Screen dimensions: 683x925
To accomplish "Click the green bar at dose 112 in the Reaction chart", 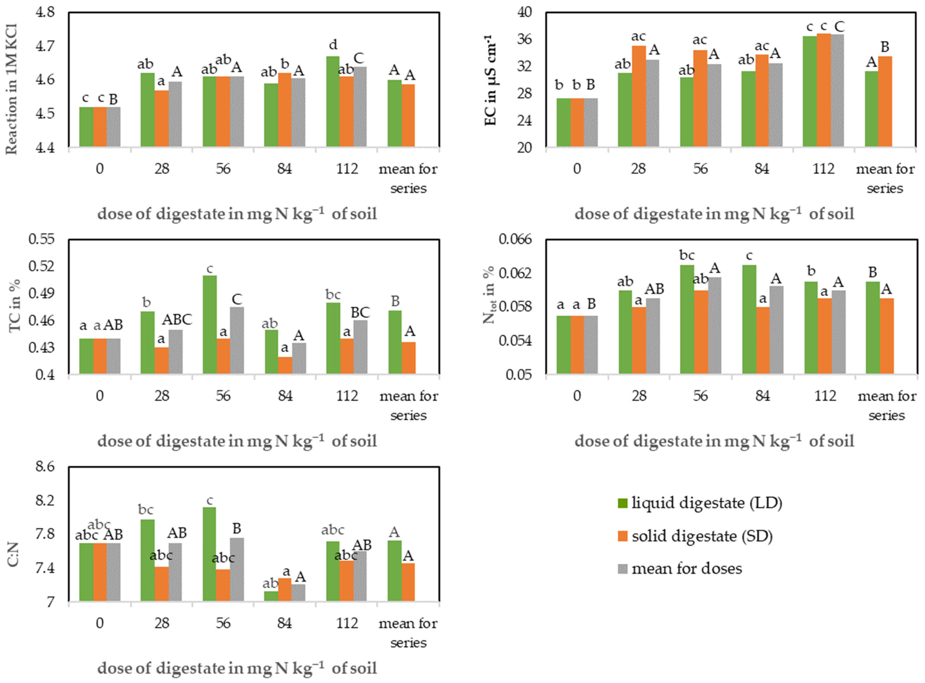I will [333, 101].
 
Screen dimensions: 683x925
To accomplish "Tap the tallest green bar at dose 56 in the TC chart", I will [210, 325].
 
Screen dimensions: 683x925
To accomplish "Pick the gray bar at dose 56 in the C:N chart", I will [237, 569].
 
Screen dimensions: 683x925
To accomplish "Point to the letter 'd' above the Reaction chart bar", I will [333, 44].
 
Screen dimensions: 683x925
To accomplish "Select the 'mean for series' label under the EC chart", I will [885, 179].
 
